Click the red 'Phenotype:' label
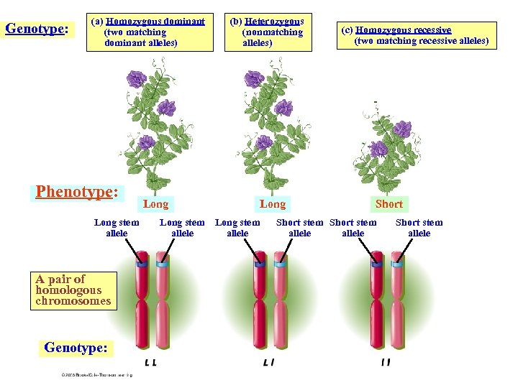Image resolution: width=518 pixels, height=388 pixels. pos(77,192)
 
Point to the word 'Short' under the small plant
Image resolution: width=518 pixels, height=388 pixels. pos(389,204)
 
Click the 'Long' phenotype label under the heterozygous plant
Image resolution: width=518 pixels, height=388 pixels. pos(272,204)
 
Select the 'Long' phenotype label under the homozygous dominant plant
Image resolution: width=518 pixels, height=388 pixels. pos(156,204)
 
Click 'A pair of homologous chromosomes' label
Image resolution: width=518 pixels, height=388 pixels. pos(73,290)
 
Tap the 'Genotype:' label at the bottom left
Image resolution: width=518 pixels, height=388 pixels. pos(76,348)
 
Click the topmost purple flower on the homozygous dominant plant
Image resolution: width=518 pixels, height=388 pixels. pos(136,79)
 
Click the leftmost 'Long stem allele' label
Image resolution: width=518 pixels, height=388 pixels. pos(117,228)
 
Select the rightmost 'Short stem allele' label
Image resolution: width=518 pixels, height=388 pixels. pos(419,228)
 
